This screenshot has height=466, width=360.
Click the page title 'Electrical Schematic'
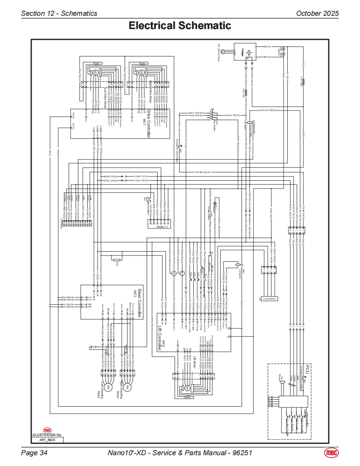180,26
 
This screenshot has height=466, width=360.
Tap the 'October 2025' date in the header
317,13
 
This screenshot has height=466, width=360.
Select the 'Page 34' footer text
35,453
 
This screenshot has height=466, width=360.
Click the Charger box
245,52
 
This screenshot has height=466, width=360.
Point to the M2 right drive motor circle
141,72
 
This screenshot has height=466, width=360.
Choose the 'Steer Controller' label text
140,302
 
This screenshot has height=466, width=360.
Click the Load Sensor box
269,299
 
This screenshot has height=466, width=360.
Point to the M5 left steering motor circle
108,387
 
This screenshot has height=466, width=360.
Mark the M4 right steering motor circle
127,387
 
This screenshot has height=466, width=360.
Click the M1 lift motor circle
187,388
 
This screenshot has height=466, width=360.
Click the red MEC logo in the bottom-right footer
331,452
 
